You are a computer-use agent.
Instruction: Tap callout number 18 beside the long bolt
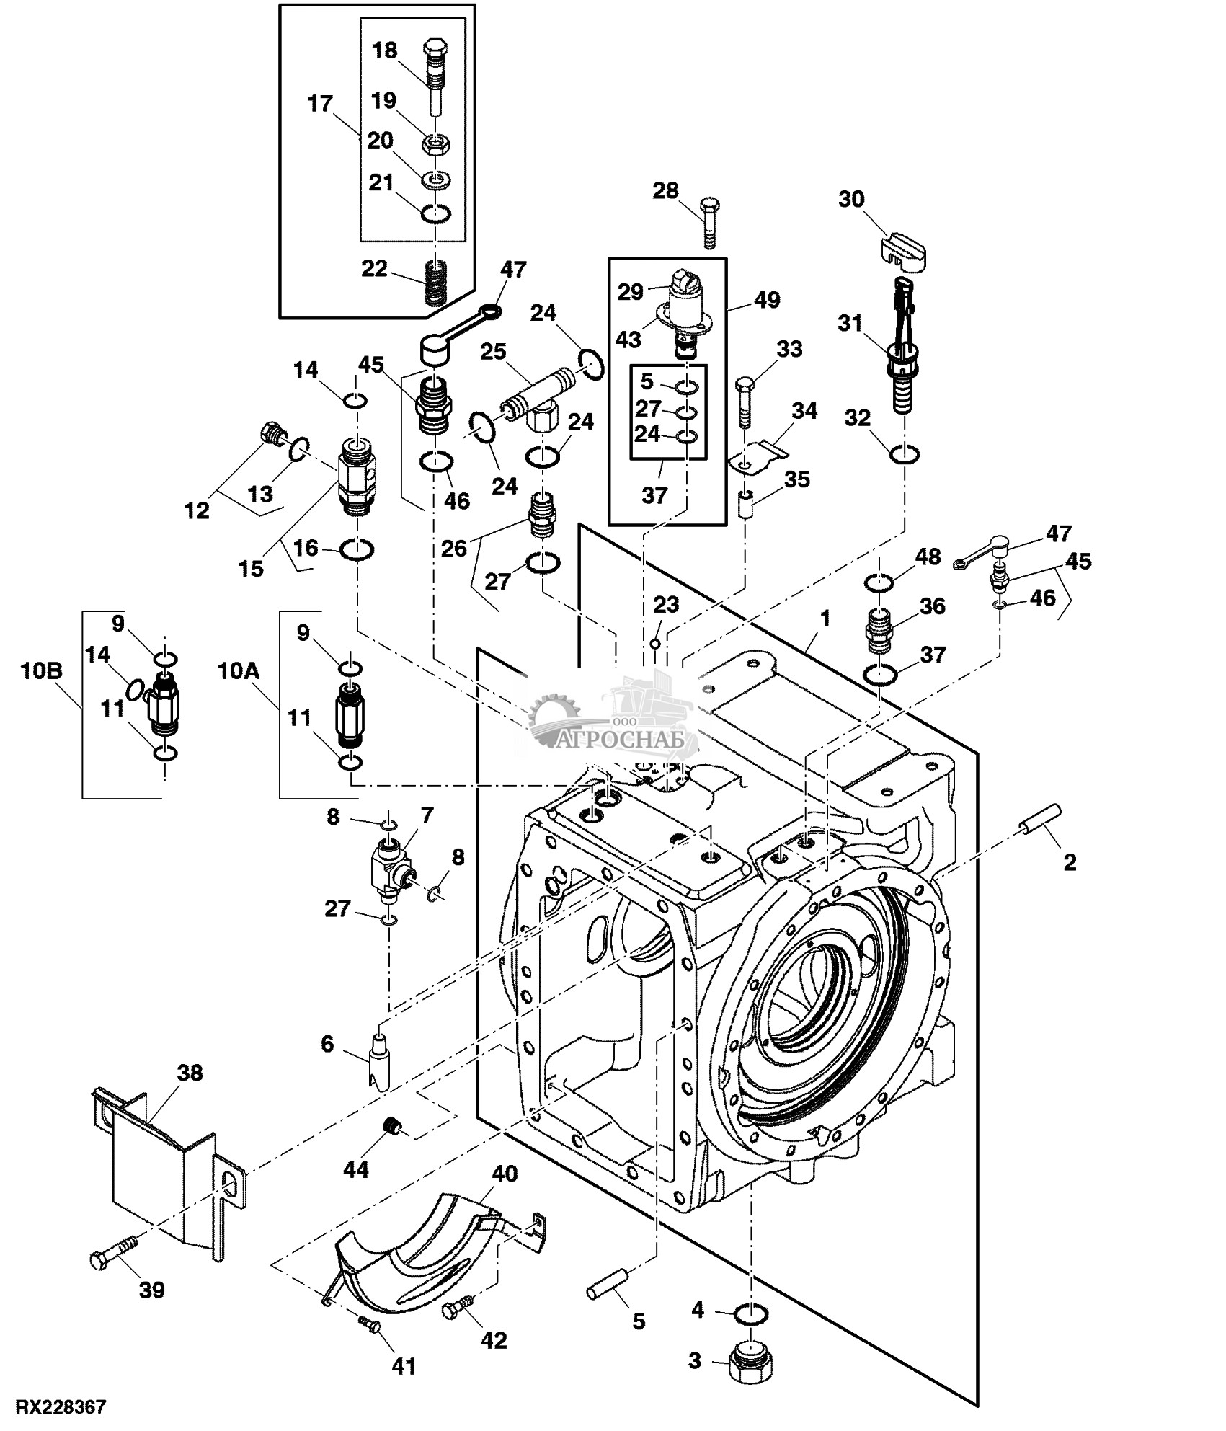[x=384, y=50]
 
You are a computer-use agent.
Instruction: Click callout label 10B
[x=42, y=671]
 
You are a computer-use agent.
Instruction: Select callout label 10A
[x=238, y=671]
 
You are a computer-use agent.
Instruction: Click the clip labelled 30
[x=903, y=251]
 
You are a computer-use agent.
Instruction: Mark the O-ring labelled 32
[x=905, y=455]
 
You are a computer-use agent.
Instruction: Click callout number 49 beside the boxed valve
[x=767, y=300]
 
